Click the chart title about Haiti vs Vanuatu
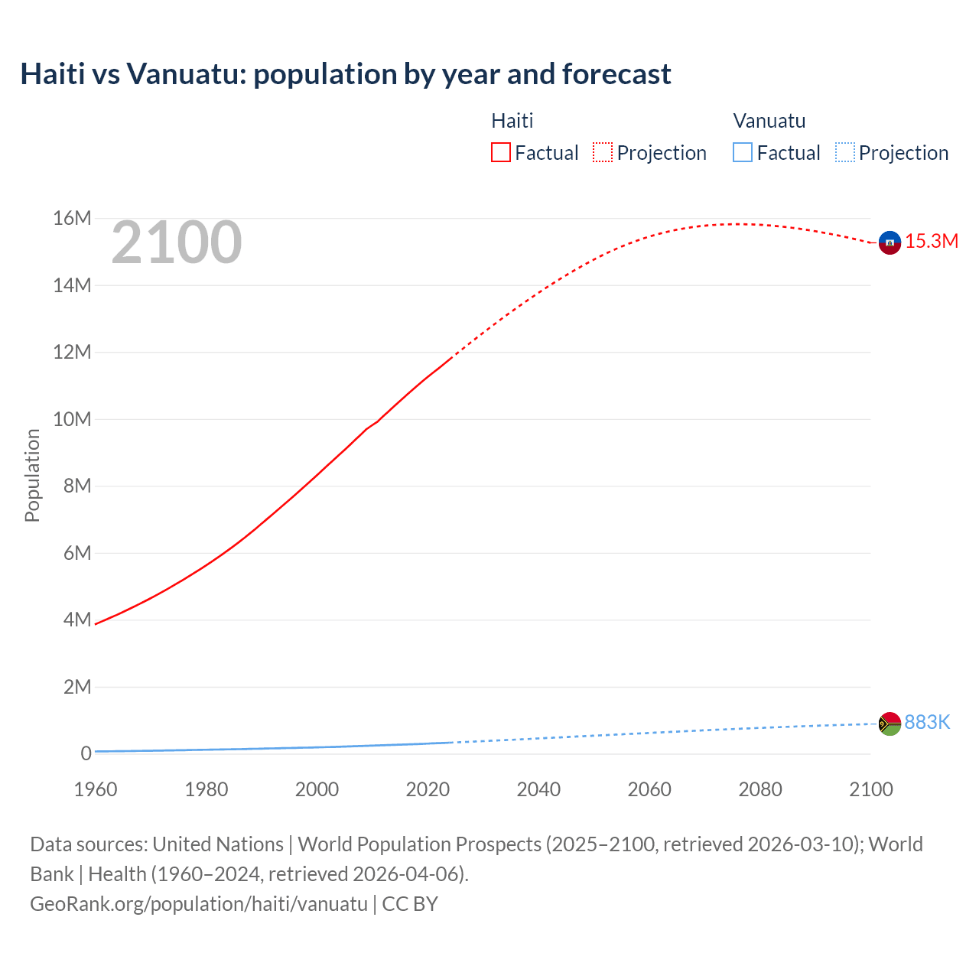coord(346,74)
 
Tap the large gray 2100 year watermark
coord(177,242)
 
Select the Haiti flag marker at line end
coord(890,242)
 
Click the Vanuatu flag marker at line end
coord(890,724)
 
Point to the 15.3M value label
coord(932,242)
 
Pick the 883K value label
coord(927,723)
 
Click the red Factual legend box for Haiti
coord(501,153)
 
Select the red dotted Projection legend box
coord(603,153)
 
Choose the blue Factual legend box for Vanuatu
coord(743,153)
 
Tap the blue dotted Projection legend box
coord(844,153)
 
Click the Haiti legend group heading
coord(512,121)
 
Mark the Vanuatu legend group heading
coord(769,121)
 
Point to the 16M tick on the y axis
coord(72,219)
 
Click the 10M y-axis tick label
coord(72,419)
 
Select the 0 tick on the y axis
coord(86,753)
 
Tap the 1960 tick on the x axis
coord(96,789)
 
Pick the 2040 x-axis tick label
coord(538,789)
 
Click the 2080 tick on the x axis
coord(760,789)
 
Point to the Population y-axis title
coord(32,475)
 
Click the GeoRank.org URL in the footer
coord(199,904)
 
